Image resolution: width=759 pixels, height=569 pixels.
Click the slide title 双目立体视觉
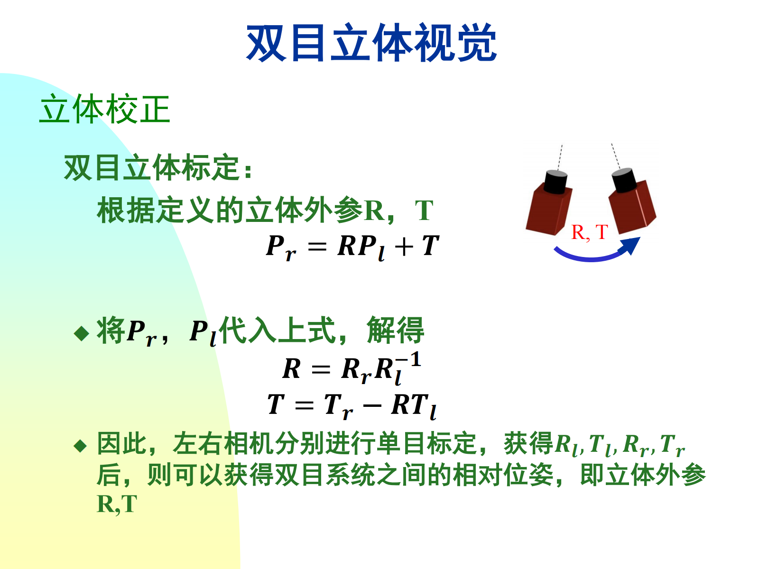point(371,43)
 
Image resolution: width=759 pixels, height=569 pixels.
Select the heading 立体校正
point(105,109)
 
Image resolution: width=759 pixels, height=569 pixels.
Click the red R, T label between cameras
point(589,232)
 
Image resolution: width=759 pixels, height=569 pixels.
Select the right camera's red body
point(632,207)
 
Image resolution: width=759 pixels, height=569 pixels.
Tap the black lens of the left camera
point(555,182)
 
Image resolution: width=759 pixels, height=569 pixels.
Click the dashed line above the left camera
point(560,157)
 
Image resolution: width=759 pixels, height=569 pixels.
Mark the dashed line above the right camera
point(616,156)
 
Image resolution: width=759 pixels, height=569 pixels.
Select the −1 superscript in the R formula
point(408,359)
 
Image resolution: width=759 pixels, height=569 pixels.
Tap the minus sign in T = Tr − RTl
point(372,405)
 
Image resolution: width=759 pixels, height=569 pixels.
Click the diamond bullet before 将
point(82,333)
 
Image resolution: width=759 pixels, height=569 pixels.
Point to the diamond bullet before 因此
point(80,446)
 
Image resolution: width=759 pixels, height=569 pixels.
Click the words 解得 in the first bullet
point(395,330)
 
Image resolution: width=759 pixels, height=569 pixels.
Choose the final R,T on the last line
point(117,505)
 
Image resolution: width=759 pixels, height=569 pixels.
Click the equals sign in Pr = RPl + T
point(317,247)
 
